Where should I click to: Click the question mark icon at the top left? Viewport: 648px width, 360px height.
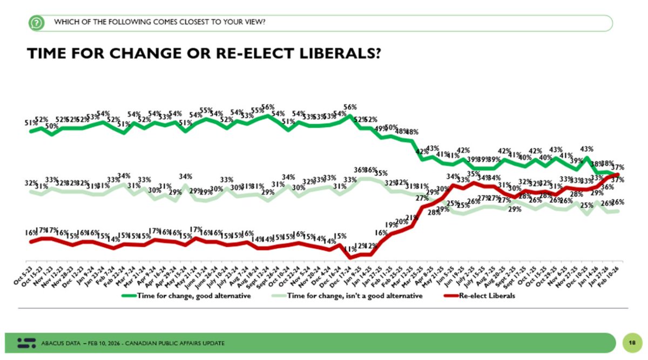point(36,23)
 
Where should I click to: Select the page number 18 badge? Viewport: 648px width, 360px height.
point(631,343)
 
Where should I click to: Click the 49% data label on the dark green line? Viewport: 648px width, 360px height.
point(381,128)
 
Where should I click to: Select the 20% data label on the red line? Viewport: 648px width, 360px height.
point(401,221)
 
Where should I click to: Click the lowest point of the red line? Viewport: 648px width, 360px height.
point(350,258)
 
